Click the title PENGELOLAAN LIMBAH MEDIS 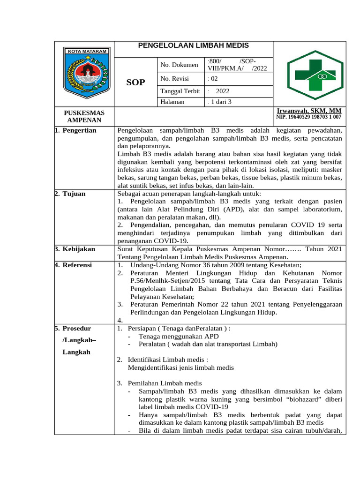pyautogui.click(x=193, y=45)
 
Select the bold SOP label pyautogui.click(x=136, y=83)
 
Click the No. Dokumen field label pyautogui.click(x=179, y=65)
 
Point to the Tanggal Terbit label pyautogui.click(x=180, y=91)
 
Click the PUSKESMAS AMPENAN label pyautogui.click(x=84, y=117)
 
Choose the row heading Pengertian pyautogui.click(x=79, y=130)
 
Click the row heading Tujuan pyautogui.click(x=74, y=194)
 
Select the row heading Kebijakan pyautogui.click(x=78, y=249)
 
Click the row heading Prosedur pyautogui.click(x=77, y=329)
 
